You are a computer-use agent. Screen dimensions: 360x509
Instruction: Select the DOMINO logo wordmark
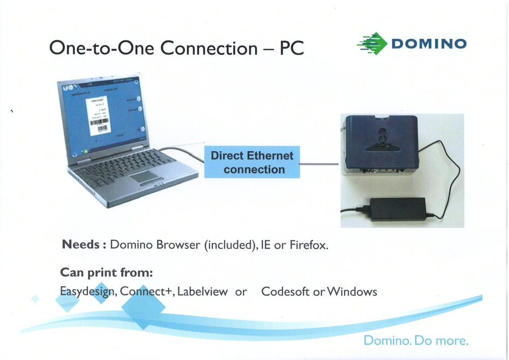(x=428, y=43)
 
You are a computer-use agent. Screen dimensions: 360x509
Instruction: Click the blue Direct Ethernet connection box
(x=252, y=162)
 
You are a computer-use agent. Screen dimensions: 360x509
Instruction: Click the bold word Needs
(x=80, y=245)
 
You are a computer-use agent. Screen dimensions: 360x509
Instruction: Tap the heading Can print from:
(x=106, y=272)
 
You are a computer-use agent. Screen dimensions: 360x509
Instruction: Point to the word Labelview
(x=203, y=292)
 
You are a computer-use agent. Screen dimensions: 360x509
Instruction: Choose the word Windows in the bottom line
(x=352, y=292)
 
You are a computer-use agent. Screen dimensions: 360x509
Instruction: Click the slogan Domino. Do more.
(x=416, y=340)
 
